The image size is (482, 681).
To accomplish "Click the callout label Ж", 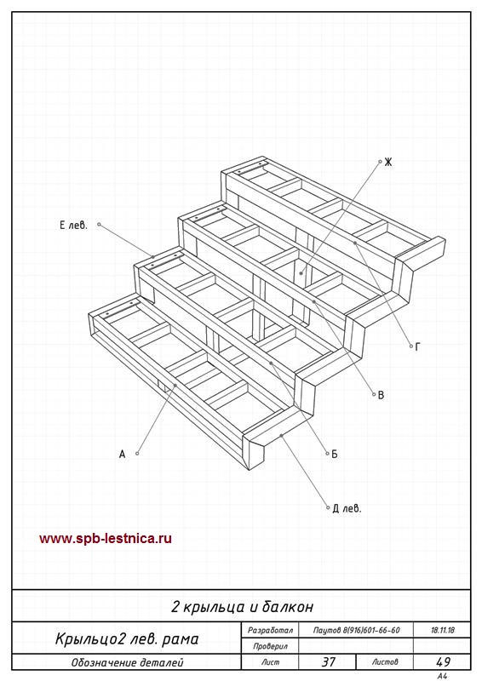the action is tap(388, 162).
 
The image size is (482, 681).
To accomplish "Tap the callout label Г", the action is tap(418, 346).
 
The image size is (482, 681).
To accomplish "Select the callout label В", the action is tap(382, 395).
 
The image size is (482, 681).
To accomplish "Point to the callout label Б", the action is tap(334, 454).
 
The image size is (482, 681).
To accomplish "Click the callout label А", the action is tap(122, 454).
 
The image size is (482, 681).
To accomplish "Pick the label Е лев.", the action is tap(73, 225).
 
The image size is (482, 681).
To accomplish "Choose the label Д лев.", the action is tap(347, 508).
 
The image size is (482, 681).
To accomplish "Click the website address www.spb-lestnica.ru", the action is tap(106, 539).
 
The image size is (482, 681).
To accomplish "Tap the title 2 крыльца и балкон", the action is tap(242, 607).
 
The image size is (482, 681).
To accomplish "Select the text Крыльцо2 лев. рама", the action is tap(127, 639).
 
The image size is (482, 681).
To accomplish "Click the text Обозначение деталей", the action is tap(128, 663).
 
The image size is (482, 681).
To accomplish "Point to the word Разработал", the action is tap(270, 630).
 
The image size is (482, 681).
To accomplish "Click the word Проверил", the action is tap(270, 646).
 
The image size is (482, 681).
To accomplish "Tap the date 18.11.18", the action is tap(443, 630).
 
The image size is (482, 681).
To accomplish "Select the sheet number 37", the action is tap(328, 662).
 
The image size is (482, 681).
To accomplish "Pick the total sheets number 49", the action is tap(443, 662).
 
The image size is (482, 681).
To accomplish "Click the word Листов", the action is tap(385, 662).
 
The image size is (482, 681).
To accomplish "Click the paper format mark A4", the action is tap(442, 676).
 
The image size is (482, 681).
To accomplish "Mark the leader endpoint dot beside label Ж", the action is tap(380, 162).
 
